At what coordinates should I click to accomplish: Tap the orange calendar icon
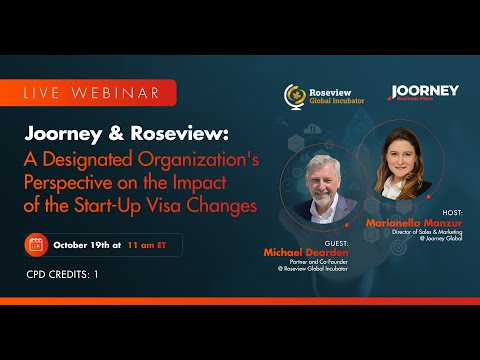pos(36,243)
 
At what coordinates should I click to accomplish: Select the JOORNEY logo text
pos(425,91)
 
